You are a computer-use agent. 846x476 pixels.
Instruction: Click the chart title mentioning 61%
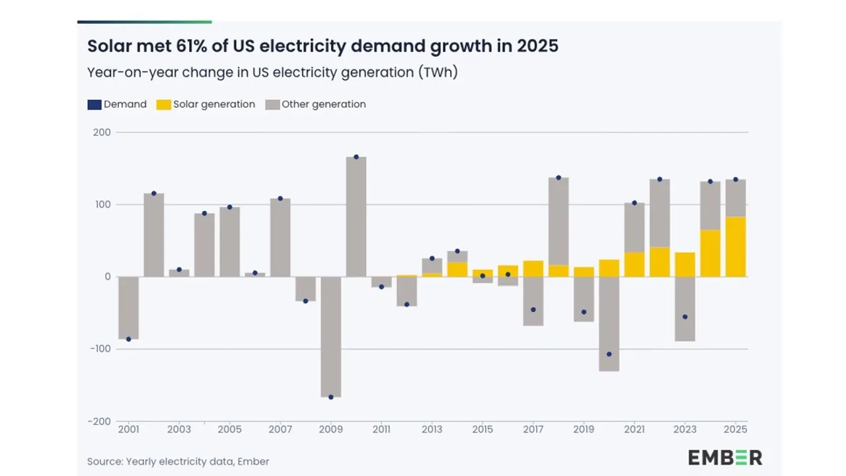(x=323, y=46)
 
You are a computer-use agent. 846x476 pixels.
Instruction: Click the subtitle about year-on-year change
(x=272, y=73)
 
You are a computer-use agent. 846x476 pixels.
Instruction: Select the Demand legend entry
(x=118, y=104)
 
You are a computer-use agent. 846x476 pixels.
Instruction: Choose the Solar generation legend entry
(x=206, y=104)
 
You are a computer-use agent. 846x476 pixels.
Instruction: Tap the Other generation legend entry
(x=315, y=104)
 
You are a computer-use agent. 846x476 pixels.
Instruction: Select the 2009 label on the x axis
(x=331, y=429)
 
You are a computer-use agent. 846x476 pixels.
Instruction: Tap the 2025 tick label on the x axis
(x=736, y=429)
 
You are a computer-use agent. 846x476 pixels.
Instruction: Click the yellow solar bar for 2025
(x=736, y=247)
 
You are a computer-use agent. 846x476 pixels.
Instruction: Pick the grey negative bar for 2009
(x=331, y=337)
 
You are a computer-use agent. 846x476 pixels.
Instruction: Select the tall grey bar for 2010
(x=356, y=217)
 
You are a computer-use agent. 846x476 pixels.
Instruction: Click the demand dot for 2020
(x=609, y=354)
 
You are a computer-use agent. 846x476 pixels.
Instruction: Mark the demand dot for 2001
(x=129, y=339)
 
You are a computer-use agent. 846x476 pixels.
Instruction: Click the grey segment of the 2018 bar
(x=558, y=221)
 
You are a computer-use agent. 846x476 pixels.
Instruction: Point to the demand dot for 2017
(x=533, y=309)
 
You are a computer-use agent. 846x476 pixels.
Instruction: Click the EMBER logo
(x=724, y=457)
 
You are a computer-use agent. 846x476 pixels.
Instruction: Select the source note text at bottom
(x=178, y=461)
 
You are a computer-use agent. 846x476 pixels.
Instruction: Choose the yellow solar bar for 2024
(x=711, y=253)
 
